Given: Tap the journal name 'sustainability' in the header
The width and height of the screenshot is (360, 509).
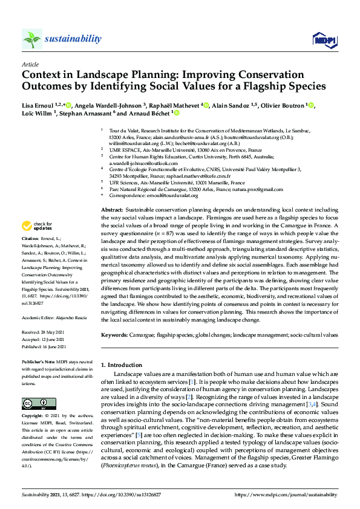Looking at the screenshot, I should tap(73, 39).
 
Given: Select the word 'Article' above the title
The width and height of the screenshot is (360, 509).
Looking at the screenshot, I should tap(30, 64).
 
